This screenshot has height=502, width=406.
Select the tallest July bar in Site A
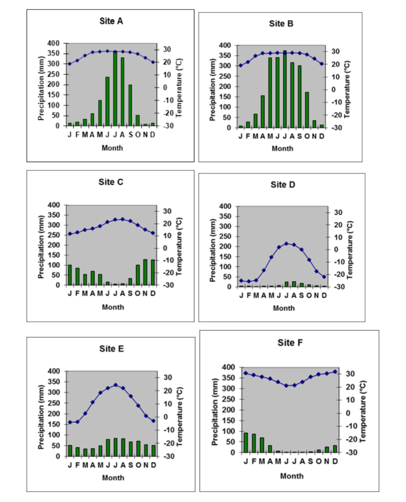click(x=115, y=88)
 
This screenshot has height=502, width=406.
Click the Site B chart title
click(x=281, y=24)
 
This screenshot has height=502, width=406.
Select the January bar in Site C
click(x=70, y=275)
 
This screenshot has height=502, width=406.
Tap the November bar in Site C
click(x=146, y=272)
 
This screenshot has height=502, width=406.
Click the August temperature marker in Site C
click(x=123, y=219)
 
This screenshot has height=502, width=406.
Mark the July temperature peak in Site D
click(x=286, y=244)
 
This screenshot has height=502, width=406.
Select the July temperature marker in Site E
click(x=115, y=385)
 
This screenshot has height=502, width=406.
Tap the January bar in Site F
click(x=246, y=442)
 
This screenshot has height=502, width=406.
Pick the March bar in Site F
click(x=262, y=445)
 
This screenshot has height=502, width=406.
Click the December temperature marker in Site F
click(x=335, y=372)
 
